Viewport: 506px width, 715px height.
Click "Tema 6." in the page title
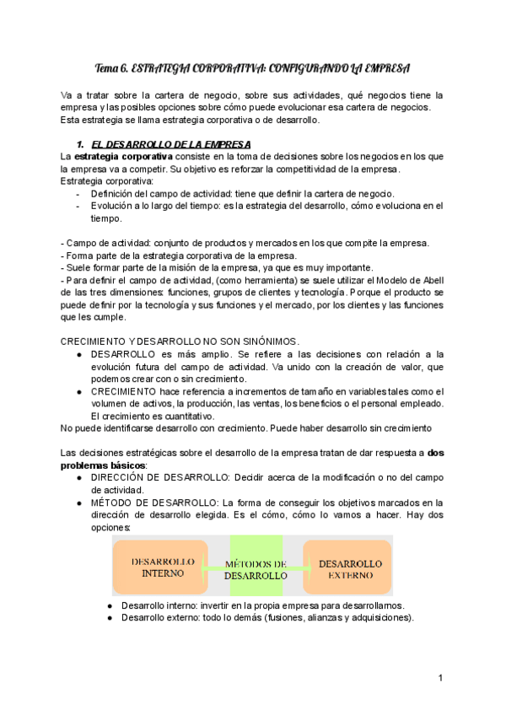pos(112,67)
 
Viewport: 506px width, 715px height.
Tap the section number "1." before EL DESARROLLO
pos(82,144)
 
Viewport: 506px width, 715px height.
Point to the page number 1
pos(440,679)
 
